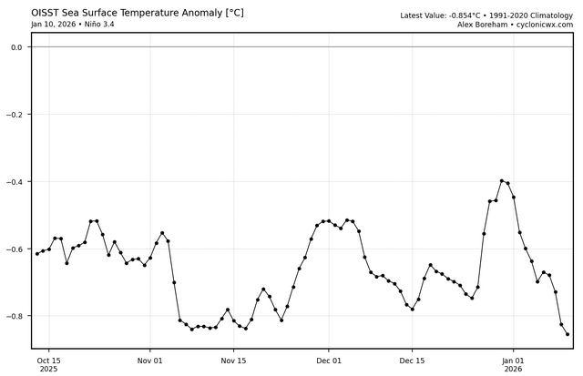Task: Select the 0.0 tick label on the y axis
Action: click(15, 47)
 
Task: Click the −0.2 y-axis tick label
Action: click(13, 115)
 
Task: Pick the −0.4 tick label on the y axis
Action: click(13, 182)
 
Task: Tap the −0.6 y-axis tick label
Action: click(13, 249)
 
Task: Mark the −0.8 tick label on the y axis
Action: click(13, 317)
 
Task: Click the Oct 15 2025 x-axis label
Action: click(48, 364)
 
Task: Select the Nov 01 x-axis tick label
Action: click(150, 360)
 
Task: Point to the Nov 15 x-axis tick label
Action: click(234, 360)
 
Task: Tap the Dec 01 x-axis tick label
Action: click(329, 360)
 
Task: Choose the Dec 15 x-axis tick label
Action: click(412, 360)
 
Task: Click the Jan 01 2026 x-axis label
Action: click(513, 364)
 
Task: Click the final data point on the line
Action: click(568, 334)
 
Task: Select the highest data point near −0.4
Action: click(502, 180)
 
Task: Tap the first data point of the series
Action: click(37, 253)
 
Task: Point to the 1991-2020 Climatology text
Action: click(524, 15)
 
